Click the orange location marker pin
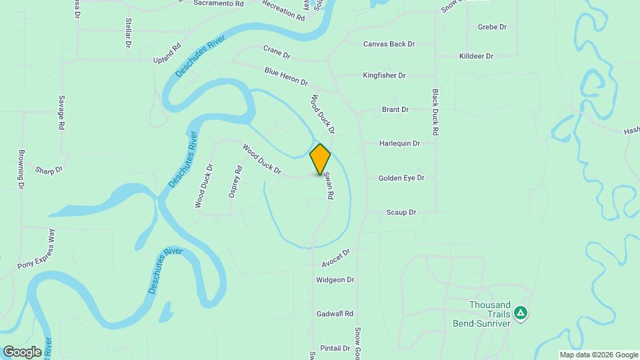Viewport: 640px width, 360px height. [320, 159]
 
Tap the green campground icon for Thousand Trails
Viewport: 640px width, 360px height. [521, 312]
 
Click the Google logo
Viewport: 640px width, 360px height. [22, 351]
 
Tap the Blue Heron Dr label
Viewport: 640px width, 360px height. [286, 77]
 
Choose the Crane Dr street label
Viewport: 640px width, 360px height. [277, 52]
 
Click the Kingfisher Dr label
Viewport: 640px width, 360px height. [384, 76]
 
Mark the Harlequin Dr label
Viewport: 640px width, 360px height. [399, 143]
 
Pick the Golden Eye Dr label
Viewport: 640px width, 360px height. [401, 178]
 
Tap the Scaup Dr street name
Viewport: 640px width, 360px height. [401, 213]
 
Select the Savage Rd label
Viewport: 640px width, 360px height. [61, 112]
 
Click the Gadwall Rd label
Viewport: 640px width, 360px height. [335, 313]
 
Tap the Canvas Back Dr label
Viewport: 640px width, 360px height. [389, 44]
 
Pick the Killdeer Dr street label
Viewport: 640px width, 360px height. [476, 57]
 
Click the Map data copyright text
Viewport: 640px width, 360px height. [599, 355]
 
